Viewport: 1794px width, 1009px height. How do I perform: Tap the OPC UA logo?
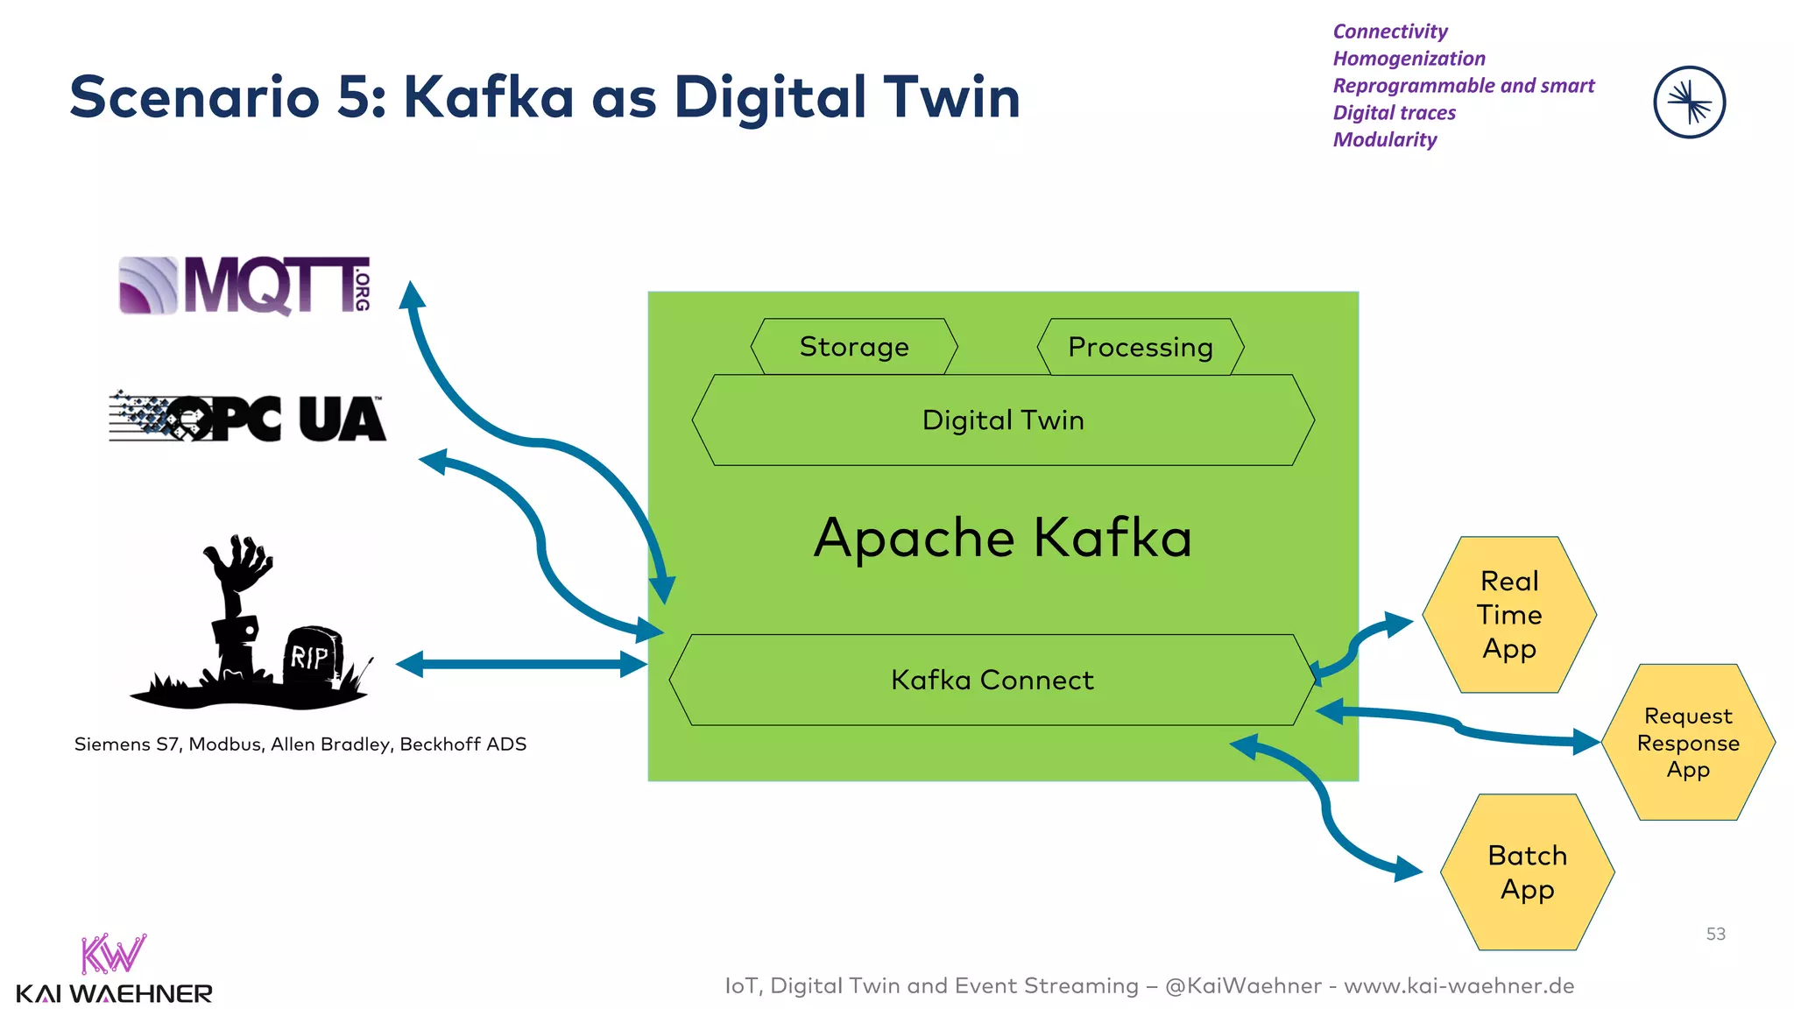pyautogui.click(x=247, y=417)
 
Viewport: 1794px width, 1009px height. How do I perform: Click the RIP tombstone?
pyautogui.click(x=311, y=654)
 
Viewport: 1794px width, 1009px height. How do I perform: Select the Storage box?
pyautogui.click(x=854, y=347)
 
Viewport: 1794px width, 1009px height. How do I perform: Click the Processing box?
pyautogui.click(x=1140, y=347)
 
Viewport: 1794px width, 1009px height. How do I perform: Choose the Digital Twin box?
pyautogui.click(x=1003, y=420)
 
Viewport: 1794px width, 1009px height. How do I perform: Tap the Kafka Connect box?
pyautogui.click(x=992, y=680)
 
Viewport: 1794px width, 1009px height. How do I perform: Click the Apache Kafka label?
pyautogui.click(x=1003, y=537)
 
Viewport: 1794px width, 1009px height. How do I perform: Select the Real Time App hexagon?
pyautogui.click(x=1509, y=615)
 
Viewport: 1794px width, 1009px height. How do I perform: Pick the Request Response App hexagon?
pyautogui.click(x=1688, y=743)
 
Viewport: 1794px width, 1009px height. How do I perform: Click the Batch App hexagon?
pyautogui.click(x=1527, y=872)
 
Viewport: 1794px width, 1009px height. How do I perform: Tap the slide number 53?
pyautogui.click(x=1715, y=935)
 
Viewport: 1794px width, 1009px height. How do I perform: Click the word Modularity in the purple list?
pyautogui.click(x=1385, y=140)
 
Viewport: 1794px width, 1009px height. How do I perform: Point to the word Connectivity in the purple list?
pyautogui.click(x=1390, y=32)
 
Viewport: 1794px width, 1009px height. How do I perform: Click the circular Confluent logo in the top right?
pyautogui.click(x=1689, y=102)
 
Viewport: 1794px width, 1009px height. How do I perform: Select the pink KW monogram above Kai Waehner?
pyautogui.click(x=112, y=954)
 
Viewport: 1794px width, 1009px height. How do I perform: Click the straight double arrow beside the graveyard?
pyautogui.click(x=521, y=664)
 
